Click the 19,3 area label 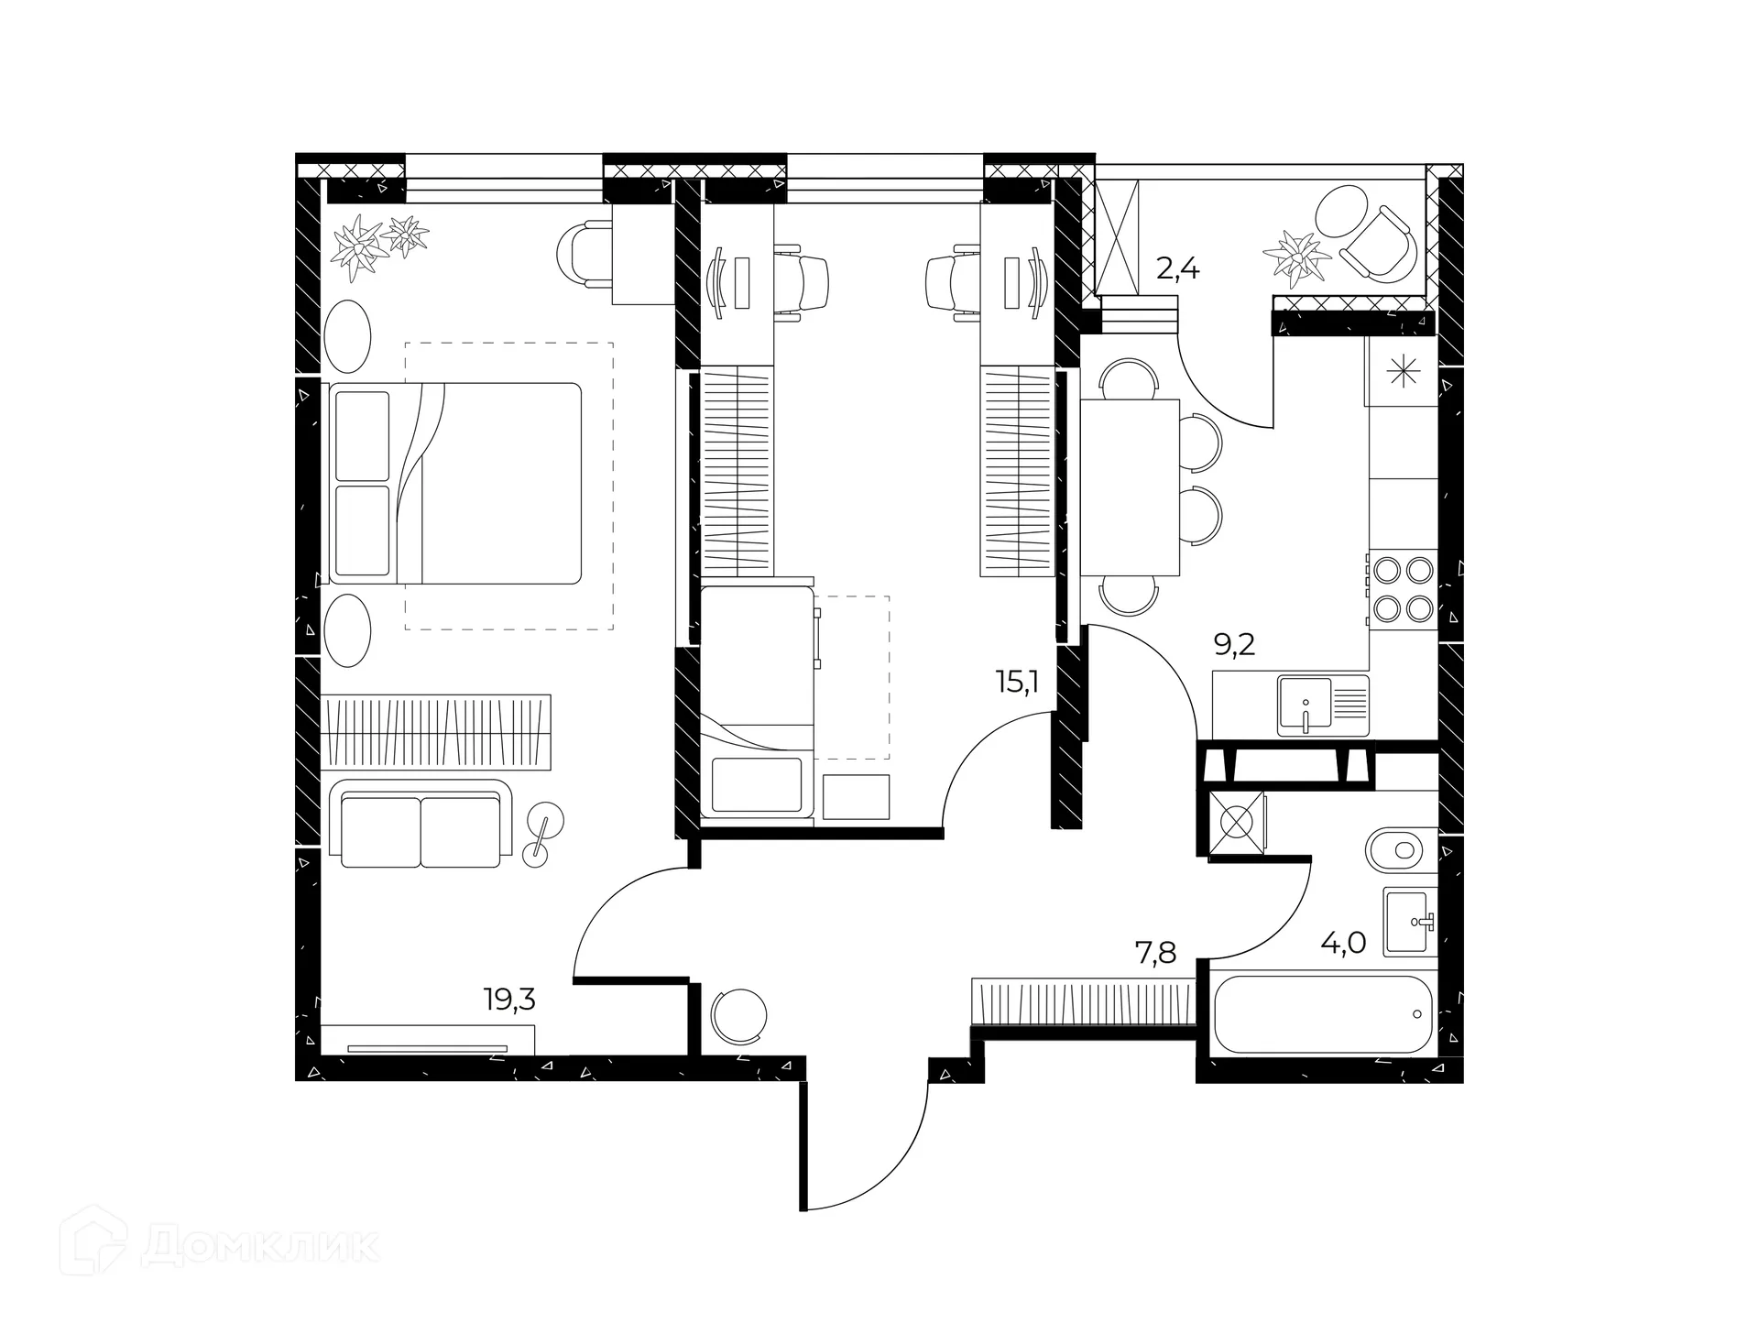[509, 1000]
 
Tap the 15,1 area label [1017, 681]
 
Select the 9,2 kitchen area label [1234, 645]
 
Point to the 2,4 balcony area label [1177, 269]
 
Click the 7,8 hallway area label [1156, 954]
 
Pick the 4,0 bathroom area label [1343, 943]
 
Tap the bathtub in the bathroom [1323, 1014]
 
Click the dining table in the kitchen [1130, 487]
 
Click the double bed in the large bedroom [455, 483]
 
